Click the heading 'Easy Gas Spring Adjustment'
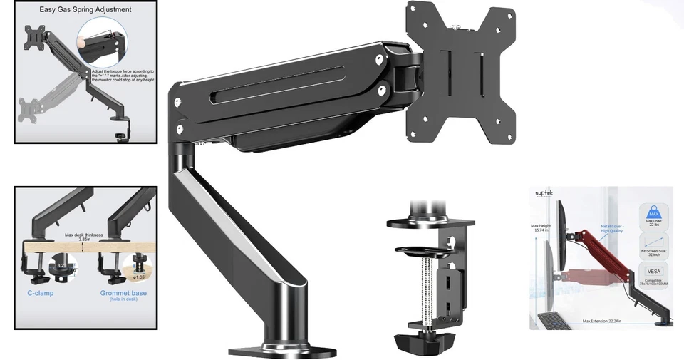tap(85, 9)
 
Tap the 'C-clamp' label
tap(41, 293)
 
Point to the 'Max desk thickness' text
tap(84, 235)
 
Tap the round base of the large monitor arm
tap(281, 350)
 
